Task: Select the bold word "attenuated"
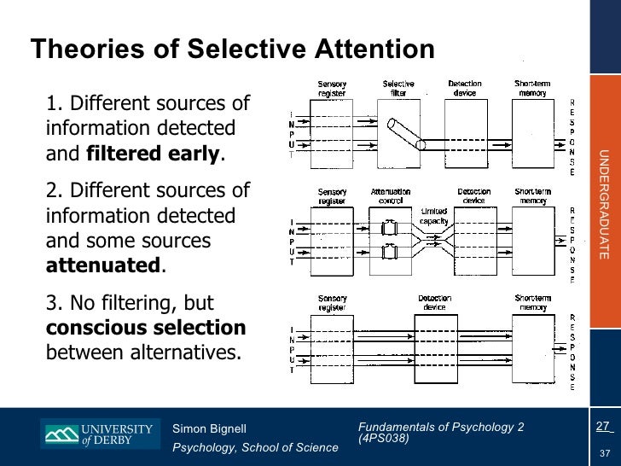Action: (x=102, y=265)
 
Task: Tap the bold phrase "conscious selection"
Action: (x=146, y=329)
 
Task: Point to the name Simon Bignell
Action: (x=210, y=428)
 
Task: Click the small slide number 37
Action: (x=605, y=452)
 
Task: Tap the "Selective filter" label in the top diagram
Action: (x=398, y=88)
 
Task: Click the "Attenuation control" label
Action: (x=391, y=196)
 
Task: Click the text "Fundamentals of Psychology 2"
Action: (x=441, y=427)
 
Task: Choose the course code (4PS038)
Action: (x=384, y=439)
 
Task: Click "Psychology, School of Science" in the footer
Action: (x=255, y=447)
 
